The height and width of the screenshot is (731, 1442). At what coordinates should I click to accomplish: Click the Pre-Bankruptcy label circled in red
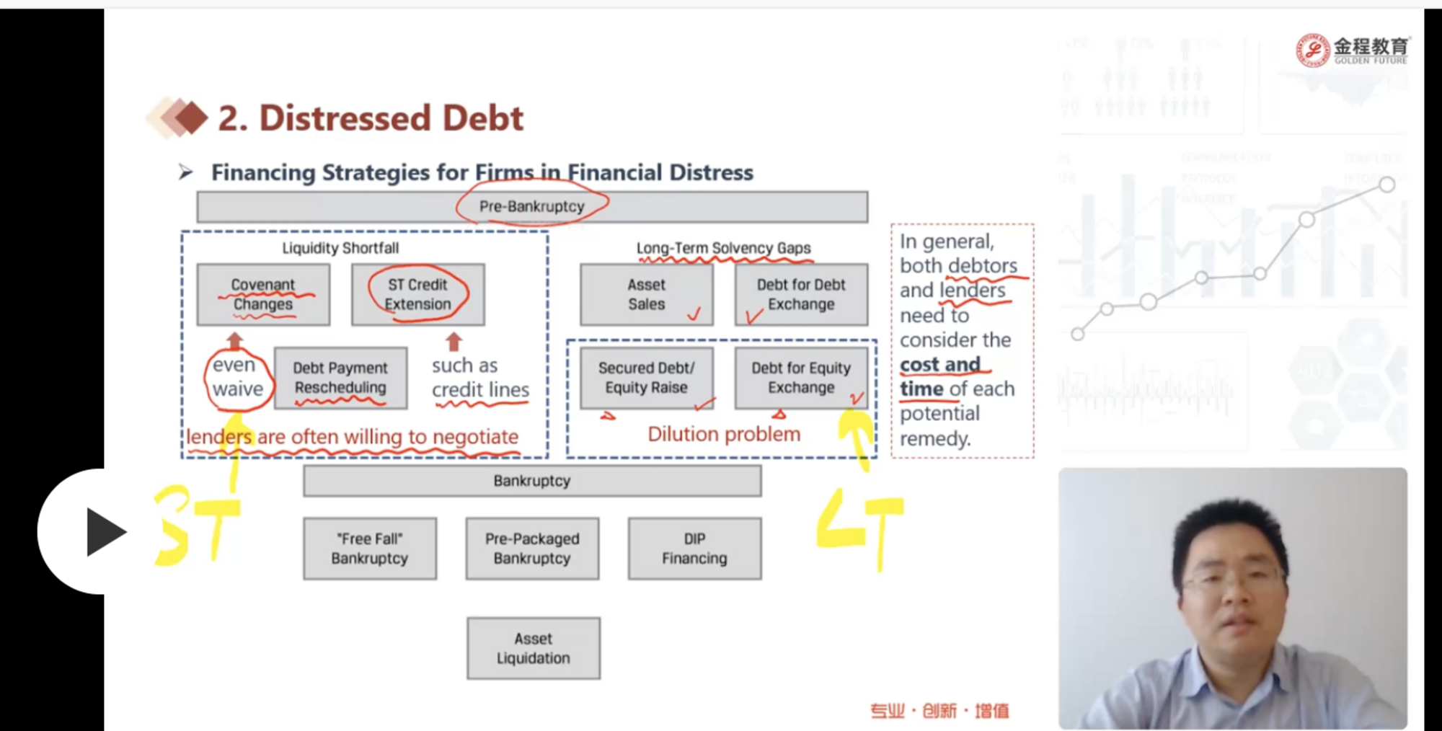coord(532,206)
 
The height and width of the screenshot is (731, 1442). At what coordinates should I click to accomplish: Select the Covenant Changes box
coord(263,294)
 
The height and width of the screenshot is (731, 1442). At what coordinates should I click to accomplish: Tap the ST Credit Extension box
coord(418,294)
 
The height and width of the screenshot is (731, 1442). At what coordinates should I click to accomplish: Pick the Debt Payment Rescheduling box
coord(340,378)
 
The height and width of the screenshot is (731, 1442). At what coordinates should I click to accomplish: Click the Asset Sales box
coord(647,294)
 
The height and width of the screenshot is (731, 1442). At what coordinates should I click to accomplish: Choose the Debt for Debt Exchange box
coord(801,294)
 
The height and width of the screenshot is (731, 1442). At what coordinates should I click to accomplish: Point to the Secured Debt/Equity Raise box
coord(647,378)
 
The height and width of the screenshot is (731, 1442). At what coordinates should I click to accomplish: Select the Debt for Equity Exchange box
coord(801,378)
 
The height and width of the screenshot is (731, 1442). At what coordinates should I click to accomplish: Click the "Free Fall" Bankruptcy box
coord(370,549)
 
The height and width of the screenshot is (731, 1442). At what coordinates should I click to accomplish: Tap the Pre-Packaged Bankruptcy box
coord(532,549)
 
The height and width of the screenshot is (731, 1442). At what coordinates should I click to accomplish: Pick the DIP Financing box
coord(694,549)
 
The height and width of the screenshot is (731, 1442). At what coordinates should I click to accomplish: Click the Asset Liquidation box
coord(534,648)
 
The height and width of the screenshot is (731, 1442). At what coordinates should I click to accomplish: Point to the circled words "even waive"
coord(237,377)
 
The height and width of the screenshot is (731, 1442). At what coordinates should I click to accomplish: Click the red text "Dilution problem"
coord(724,434)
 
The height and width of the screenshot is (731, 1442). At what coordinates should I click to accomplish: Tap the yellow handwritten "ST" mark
coord(196,525)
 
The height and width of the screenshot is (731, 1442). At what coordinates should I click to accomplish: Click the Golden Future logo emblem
coord(1313,50)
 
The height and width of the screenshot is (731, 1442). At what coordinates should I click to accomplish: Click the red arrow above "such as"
coord(454,341)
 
